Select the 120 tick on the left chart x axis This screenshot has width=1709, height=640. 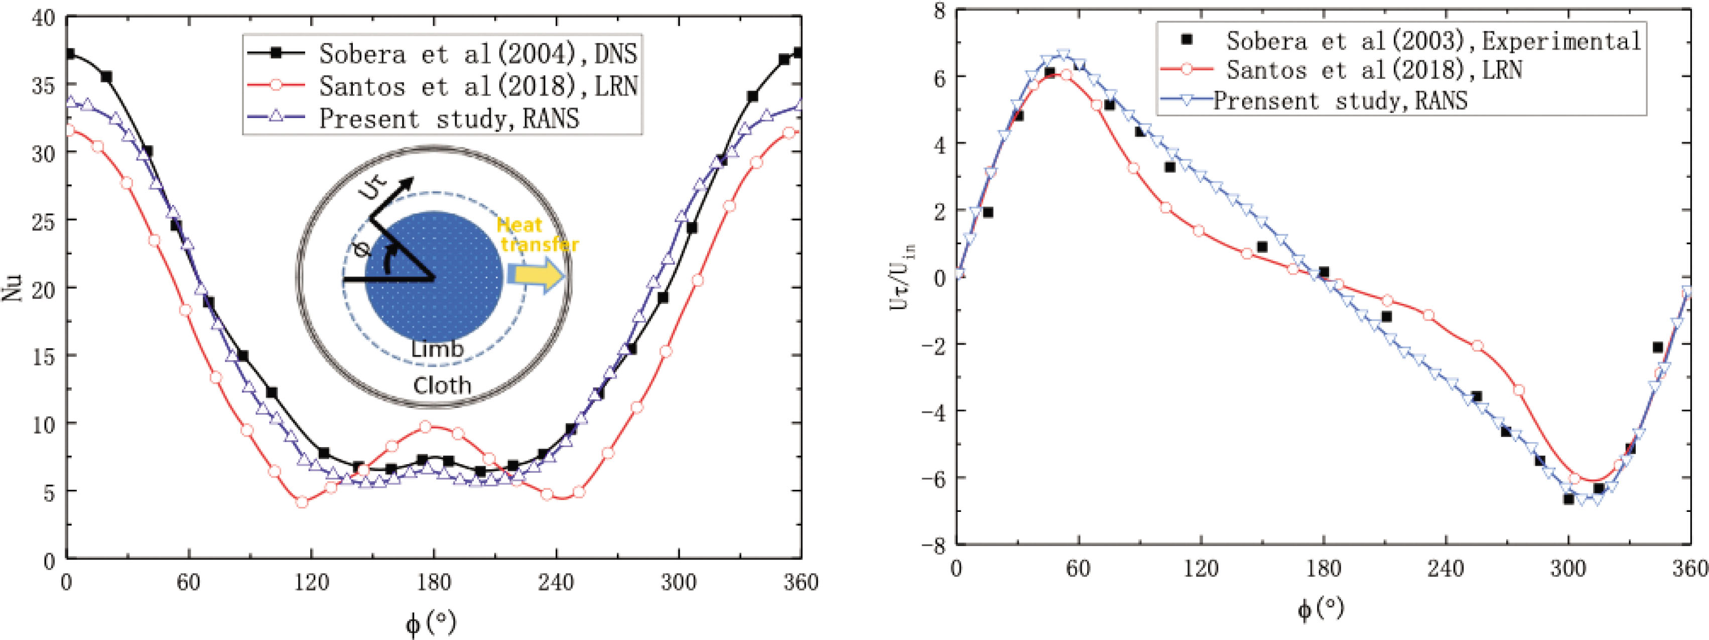312,583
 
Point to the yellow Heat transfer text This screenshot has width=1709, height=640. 539,236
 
